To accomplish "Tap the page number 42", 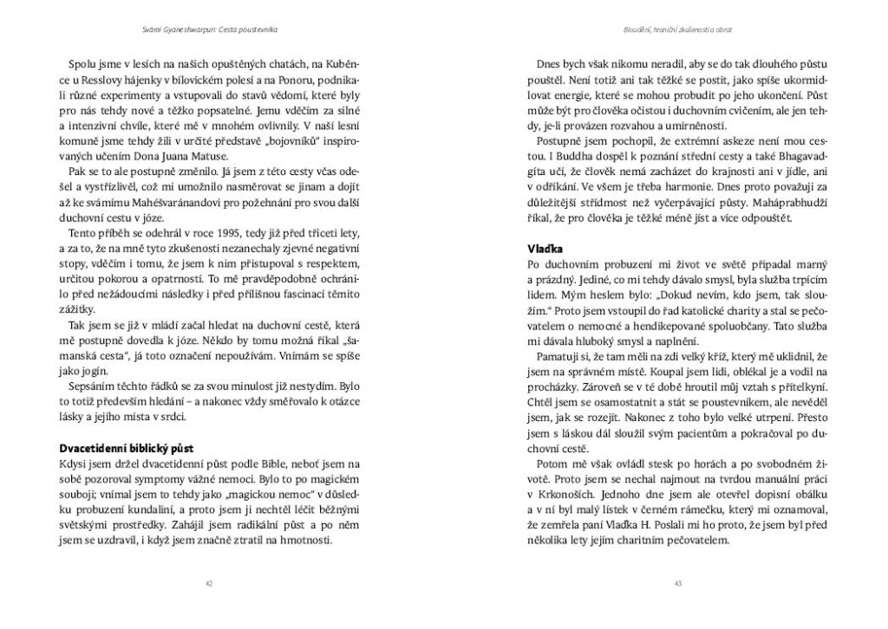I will point(209,582).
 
